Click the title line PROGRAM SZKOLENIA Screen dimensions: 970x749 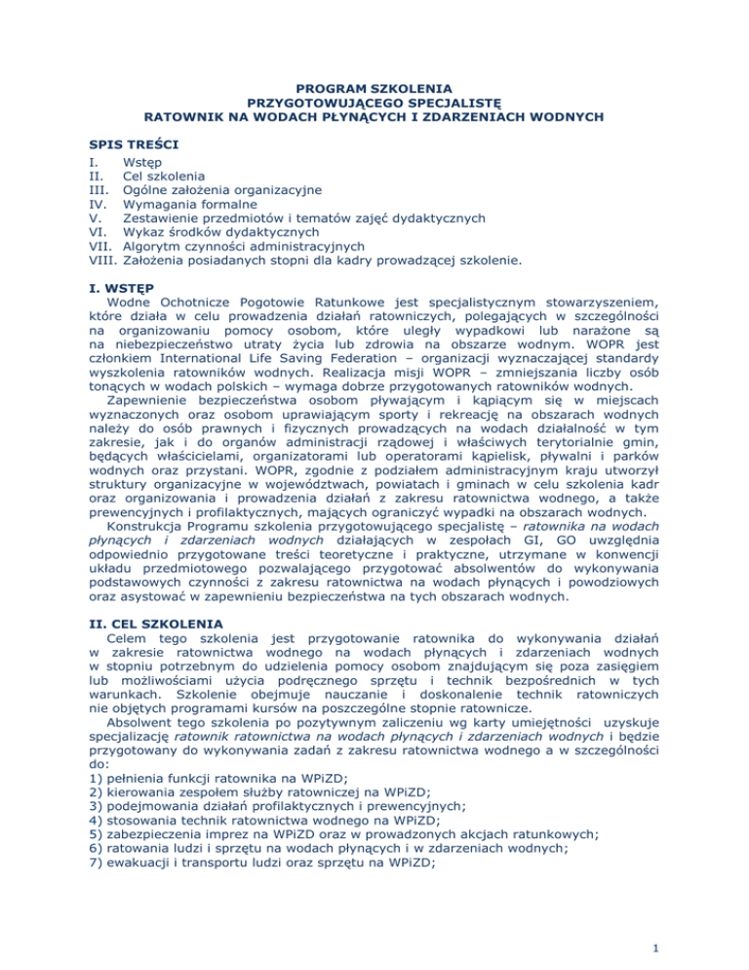tap(374, 86)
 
